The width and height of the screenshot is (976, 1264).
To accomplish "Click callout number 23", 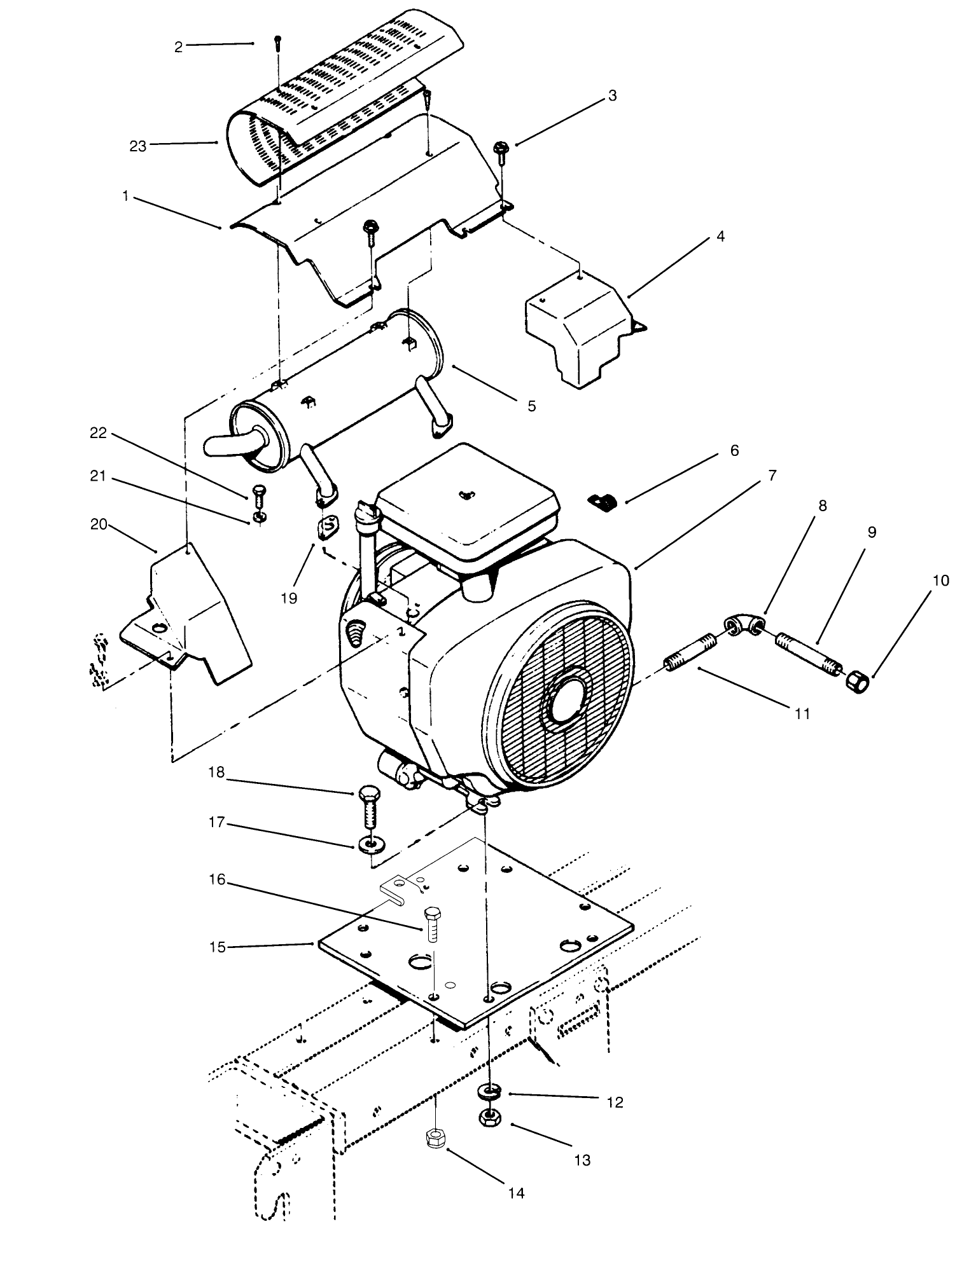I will tap(137, 146).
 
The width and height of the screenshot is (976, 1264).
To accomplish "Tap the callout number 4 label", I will tap(720, 237).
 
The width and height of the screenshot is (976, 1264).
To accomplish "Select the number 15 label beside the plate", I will tap(218, 947).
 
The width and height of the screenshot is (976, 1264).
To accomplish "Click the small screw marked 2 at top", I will tap(277, 42).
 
